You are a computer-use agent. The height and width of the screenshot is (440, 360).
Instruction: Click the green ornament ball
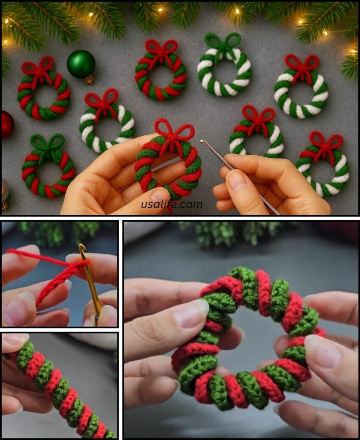tap(81, 64)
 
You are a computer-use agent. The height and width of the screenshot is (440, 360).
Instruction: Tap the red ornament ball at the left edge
tap(7, 124)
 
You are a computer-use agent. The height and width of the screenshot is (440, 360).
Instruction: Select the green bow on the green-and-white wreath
tap(223, 43)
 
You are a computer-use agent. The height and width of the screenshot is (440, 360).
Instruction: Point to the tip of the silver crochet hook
tap(202, 141)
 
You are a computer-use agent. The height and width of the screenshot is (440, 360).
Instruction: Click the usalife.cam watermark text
tap(172, 205)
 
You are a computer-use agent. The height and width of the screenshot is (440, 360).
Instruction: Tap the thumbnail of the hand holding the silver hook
tap(237, 180)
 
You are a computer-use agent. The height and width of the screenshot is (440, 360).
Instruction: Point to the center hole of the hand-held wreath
tap(167, 167)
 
